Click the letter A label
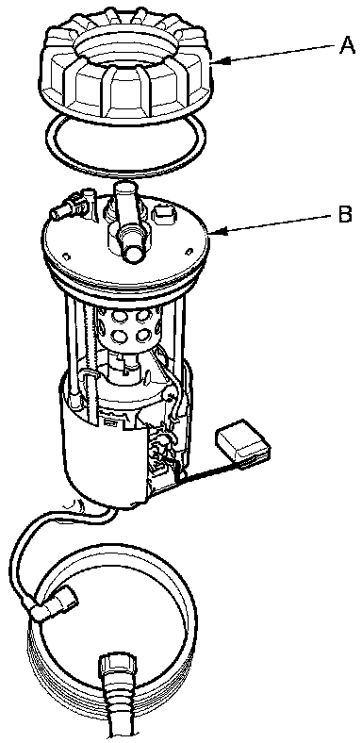click(x=347, y=47)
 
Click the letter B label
click(x=345, y=215)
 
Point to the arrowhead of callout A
click(x=218, y=61)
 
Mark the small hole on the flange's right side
click(x=189, y=250)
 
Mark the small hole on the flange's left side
click(x=66, y=256)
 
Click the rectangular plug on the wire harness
click(x=243, y=442)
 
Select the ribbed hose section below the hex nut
click(x=120, y=711)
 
